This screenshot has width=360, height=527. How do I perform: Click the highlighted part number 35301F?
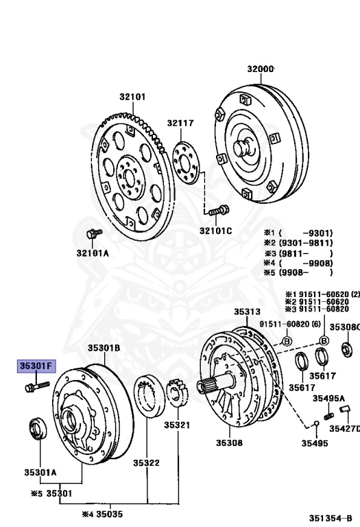(x=35, y=367)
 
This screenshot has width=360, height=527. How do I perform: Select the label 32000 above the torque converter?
(x=261, y=69)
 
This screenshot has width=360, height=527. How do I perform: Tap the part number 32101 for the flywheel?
(x=132, y=97)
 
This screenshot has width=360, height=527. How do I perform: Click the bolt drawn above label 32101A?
(x=92, y=235)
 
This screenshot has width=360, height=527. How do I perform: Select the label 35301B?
(x=104, y=348)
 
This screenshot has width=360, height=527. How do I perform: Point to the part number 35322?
(x=146, y=463)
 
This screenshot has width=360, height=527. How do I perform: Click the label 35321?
(x=176, y=425)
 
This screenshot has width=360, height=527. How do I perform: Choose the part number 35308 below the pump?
(x=229, y=443)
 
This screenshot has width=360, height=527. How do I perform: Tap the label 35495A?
(x=329, y=398)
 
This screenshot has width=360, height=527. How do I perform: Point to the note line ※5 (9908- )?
(x=299, y=272)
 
